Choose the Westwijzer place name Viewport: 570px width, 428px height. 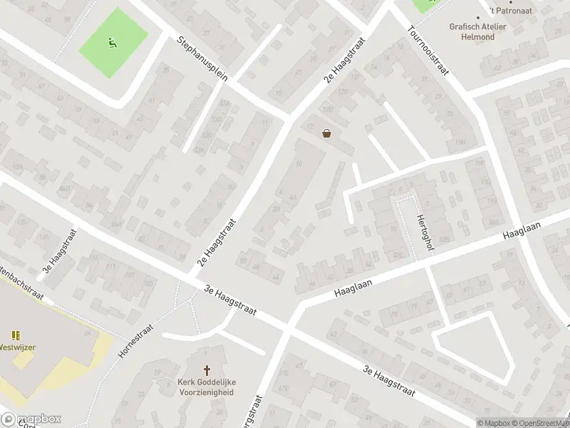(17, 347)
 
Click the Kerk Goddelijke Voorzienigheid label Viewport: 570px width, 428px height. (207, 387)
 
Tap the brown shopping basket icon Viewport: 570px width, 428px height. (327, 133)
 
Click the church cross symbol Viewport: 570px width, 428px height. (207, 371)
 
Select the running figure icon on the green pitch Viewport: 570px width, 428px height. (111, 43)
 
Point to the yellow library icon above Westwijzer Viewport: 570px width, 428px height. (15, 335)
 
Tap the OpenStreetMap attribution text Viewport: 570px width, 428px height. (537, 423)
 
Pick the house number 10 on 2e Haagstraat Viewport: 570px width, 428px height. (298, 164)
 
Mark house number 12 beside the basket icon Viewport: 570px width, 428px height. (309, 126)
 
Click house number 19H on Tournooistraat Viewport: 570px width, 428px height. (460, 143)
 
